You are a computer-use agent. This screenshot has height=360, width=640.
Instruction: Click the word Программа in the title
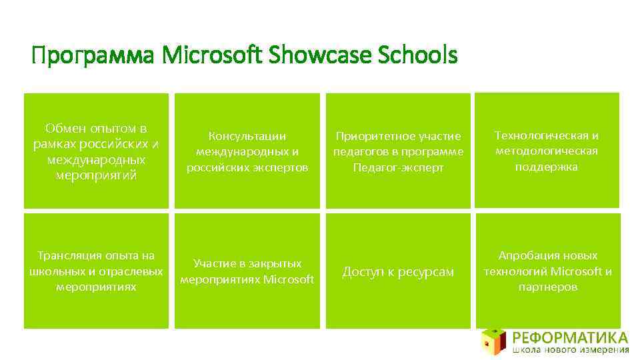[93, 57]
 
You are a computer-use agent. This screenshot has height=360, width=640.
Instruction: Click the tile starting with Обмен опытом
[96, 151]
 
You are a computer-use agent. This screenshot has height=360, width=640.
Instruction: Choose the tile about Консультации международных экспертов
[247, 151]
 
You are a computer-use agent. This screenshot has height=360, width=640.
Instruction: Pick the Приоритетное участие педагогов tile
[397, 151]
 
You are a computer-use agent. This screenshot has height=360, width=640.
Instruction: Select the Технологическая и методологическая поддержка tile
[547, 151]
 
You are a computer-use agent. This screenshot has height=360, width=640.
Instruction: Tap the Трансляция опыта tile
[96, 271]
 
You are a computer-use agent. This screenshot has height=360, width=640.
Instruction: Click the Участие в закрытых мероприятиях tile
[247, 271]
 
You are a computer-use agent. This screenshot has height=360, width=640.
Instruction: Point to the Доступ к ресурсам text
[397, 271]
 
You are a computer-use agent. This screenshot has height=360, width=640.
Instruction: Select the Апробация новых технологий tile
[547, 271]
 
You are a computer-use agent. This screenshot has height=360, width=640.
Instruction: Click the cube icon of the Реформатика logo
[493, 341]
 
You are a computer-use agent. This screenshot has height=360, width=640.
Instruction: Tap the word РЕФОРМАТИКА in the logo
[570, 336]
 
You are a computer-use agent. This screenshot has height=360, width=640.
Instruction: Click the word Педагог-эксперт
[398, 167]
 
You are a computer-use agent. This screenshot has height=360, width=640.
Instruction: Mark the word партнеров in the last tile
[547, 287]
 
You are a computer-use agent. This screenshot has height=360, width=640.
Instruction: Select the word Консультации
[247, 136]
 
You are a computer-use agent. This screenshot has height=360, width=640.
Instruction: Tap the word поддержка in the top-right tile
[547, 167]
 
